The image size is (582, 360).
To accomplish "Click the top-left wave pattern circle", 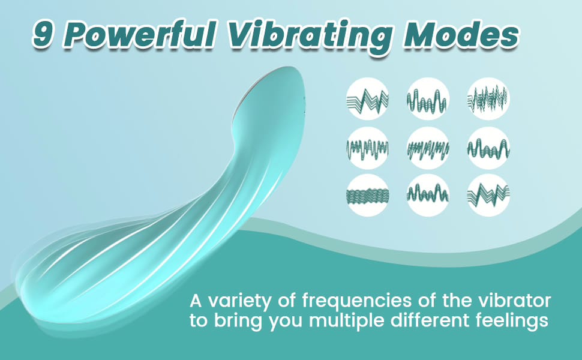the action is tap(367, 99).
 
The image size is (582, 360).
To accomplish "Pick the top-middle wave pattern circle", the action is tap(428, 99).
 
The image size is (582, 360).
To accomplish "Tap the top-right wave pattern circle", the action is tap(488, 99).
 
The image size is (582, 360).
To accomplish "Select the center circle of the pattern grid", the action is tap(428, 148).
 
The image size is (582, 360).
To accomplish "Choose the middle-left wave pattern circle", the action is tap(367, 148).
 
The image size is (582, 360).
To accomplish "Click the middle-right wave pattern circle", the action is tap(488, 148).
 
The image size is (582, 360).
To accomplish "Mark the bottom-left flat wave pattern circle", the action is tap(367, 195).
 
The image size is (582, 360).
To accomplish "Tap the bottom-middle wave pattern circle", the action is tap(428, 195).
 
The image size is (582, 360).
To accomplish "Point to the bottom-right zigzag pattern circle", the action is tap(488, 195).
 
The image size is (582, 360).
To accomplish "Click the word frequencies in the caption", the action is tap(357, 301).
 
